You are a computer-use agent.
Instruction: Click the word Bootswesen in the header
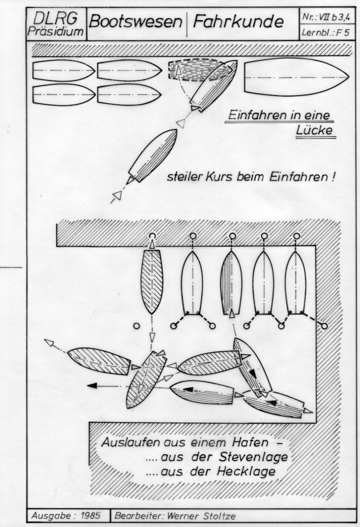(x=136, y=22)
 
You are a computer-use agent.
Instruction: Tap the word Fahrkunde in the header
(x=238, y=22)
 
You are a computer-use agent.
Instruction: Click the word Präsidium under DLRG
(x=56, y=31)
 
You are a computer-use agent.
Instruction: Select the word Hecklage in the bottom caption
(x=246, y=472)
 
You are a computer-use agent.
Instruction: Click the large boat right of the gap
(x=297, y=77)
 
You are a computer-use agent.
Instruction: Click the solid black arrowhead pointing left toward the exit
(x=92, y=385)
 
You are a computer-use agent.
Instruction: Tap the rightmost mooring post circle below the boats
(x=324, y=325)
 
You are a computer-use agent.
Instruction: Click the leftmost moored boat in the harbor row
(x=152, y=282)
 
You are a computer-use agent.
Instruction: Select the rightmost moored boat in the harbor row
(x=295, y=282)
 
